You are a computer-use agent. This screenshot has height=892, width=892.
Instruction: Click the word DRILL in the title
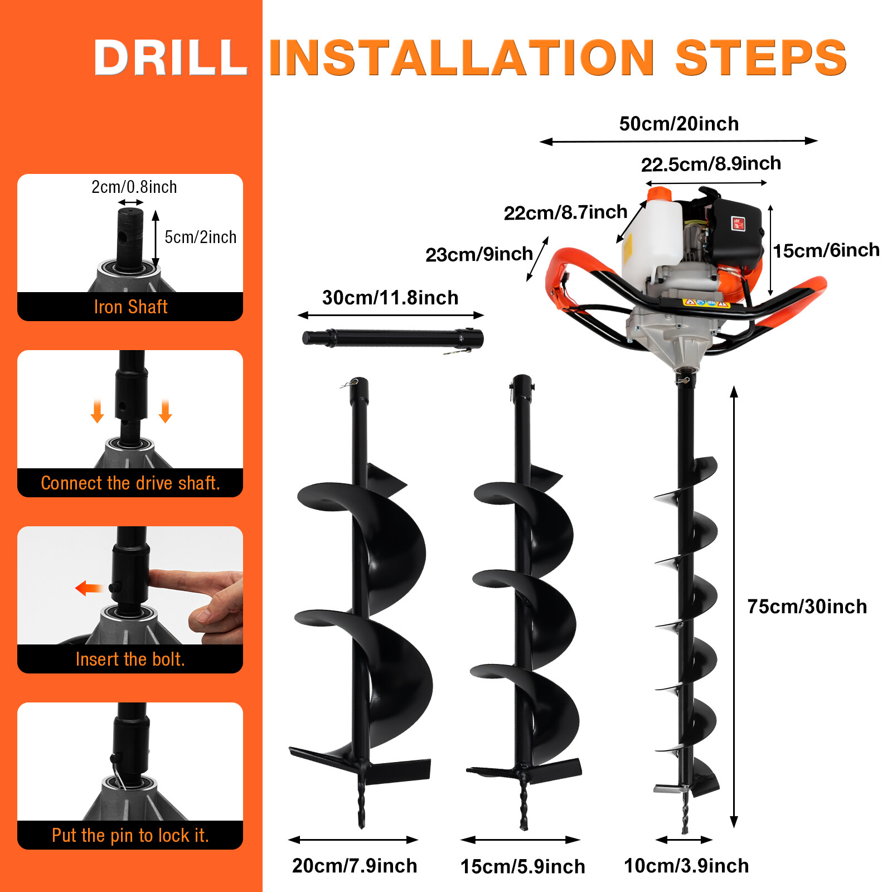pyautogui.click(x=170, y=58)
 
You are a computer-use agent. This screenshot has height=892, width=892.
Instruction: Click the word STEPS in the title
pyautogui.click(x=760, y=58)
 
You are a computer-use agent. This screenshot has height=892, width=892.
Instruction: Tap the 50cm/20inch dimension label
pyautogui.click(x=678, y=124)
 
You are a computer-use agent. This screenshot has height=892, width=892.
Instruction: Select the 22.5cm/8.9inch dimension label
pyautogui.click(x=711, y=164)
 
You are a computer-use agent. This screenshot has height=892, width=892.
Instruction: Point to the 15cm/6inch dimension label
pyautogui.click(x=826, y=250)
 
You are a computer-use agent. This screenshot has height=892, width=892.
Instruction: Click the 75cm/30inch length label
pyautogui.click(x=807, y=607)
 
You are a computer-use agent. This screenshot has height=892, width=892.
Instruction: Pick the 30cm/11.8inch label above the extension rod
pyautogui.click(x=390, y=298)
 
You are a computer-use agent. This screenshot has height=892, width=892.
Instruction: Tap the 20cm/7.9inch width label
pyautogui.click(x=355, y=866)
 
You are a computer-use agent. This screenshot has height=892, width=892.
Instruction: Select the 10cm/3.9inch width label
pyautogui.click(x=686, y=866)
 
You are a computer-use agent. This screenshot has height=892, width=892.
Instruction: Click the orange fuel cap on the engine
pyautogui.click(x=659, y=195)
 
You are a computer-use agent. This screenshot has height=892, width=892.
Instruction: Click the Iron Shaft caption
pyautogui.click(x=130, y=307)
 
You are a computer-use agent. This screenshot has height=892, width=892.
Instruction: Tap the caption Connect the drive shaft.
pyautogui.click(x=130, y=483)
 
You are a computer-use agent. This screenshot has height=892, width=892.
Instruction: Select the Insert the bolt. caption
pyautogui.click(x=130, y=660)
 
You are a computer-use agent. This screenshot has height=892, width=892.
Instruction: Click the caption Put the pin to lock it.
pyautogui.click(x=130, y=836)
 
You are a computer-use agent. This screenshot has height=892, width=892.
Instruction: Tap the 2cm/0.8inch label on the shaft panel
pyautogui.click(x=134, y=187)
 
